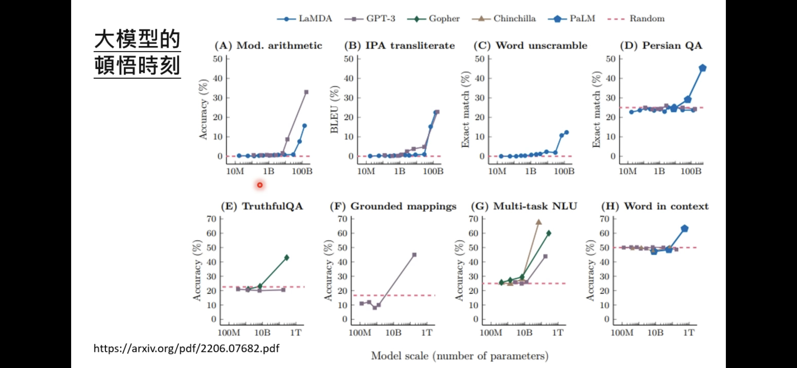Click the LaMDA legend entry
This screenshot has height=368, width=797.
click(x=305, y=19)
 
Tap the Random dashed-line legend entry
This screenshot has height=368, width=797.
click(x=636, y=19)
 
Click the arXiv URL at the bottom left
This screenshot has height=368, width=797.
click(x=186, y=348)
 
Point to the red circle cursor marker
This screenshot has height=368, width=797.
click(x=260, y=185)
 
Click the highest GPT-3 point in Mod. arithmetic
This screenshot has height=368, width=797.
click(x=306, y=92)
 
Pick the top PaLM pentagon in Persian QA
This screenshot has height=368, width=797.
click(x=703, y=68)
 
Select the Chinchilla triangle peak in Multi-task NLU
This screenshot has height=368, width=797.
click(x=539, y=222)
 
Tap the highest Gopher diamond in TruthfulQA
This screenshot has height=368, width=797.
click(x=286, y=258)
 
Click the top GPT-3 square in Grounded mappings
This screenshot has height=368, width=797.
click(x=414, y=255)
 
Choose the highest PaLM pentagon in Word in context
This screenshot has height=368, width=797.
click(x=685, y=229)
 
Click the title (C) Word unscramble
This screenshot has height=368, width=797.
click(x=530, y=46)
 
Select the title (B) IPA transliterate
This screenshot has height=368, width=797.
click(x=399, y=46)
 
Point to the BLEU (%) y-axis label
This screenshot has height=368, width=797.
click(x=334, y=109)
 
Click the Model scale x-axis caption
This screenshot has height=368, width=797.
click(x=460, y=356)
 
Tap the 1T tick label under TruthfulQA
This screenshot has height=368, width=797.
click(x=296, y=332)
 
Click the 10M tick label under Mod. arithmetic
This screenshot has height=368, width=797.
click(x=235, y=171)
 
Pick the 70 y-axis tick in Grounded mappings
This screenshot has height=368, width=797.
click(x=343, y=219)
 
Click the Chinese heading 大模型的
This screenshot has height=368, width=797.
click(x=137, y=40)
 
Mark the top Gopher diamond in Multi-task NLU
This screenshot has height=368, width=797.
click(x=549, y=233)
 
